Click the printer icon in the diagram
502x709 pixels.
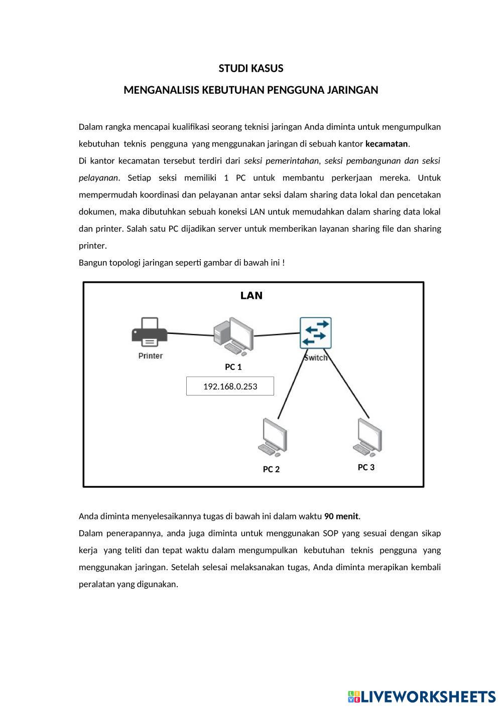click(150, 332)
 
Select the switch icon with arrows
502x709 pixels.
click(315, 333)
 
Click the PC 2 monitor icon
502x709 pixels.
click(273, 437)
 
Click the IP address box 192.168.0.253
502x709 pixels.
click(230, 386)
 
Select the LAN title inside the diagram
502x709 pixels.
click(252, 295)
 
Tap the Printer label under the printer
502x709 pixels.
click(151, 356)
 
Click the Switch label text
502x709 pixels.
click(316, 358)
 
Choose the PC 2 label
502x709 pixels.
click(271, 469)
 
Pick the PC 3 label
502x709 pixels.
click(366, 467)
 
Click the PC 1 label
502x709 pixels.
click(233, 367)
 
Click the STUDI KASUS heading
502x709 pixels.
click(251, 68)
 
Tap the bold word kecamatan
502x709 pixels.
click(386, 144)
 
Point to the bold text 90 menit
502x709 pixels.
click(341, 516)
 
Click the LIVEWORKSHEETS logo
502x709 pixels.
click(422, 696)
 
